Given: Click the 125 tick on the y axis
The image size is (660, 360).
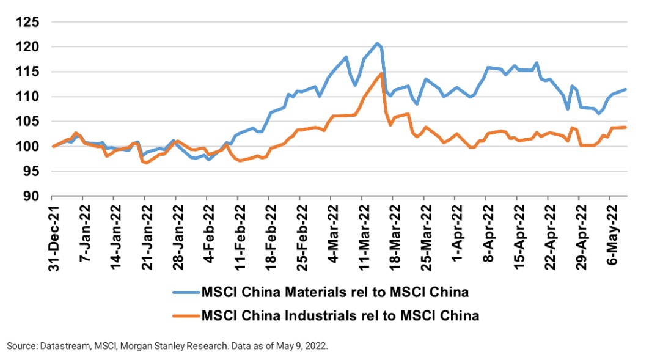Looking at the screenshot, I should [x=29, y=22].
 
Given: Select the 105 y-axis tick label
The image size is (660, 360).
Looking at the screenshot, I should [x=29, y=122].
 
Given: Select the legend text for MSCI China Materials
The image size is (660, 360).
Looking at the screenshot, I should [x=335, y=292].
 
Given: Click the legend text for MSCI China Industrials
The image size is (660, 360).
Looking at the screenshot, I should [x=340, y=316].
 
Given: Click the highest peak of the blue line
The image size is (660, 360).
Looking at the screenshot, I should [x=377, y=43].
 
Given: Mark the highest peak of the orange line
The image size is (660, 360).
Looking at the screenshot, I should [x=381, y=73].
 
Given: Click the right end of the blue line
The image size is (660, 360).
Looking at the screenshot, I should [x=626, y=89].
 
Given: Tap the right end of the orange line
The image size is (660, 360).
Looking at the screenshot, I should [x=626, y=127].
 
